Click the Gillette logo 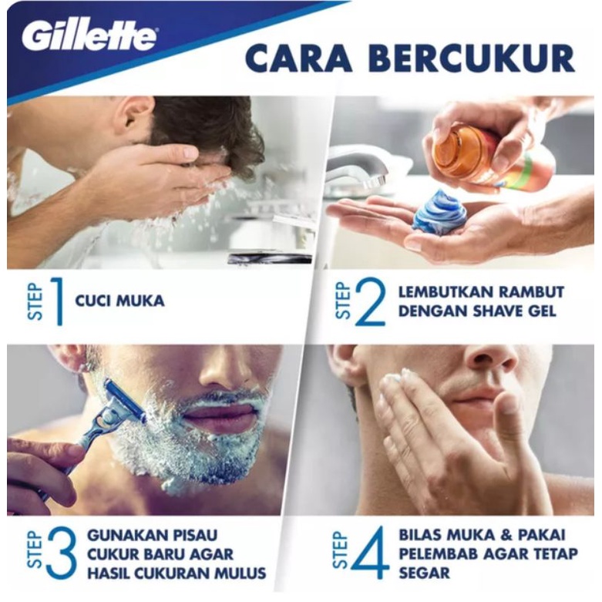(89, 35)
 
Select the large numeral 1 (56, 300)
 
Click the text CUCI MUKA (119, 301)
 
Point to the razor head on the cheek (123, 402)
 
